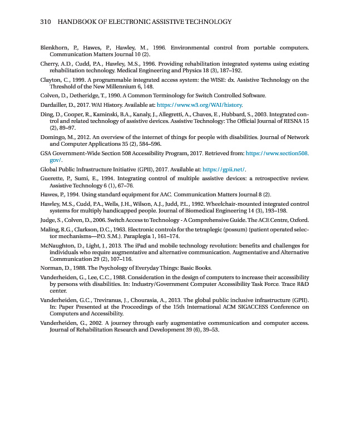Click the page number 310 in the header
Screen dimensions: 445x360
pos(46,22)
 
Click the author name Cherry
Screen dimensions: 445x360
pos(51,65)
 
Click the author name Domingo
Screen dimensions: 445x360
pos(53,137)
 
